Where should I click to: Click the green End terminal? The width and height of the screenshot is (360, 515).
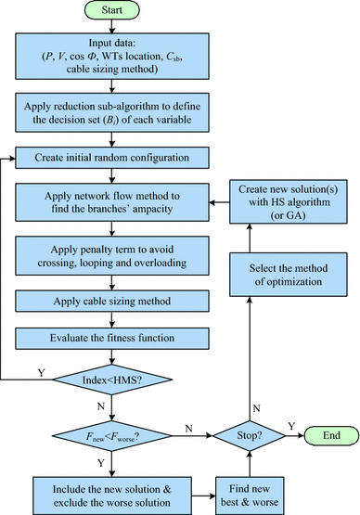[330, 435]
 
